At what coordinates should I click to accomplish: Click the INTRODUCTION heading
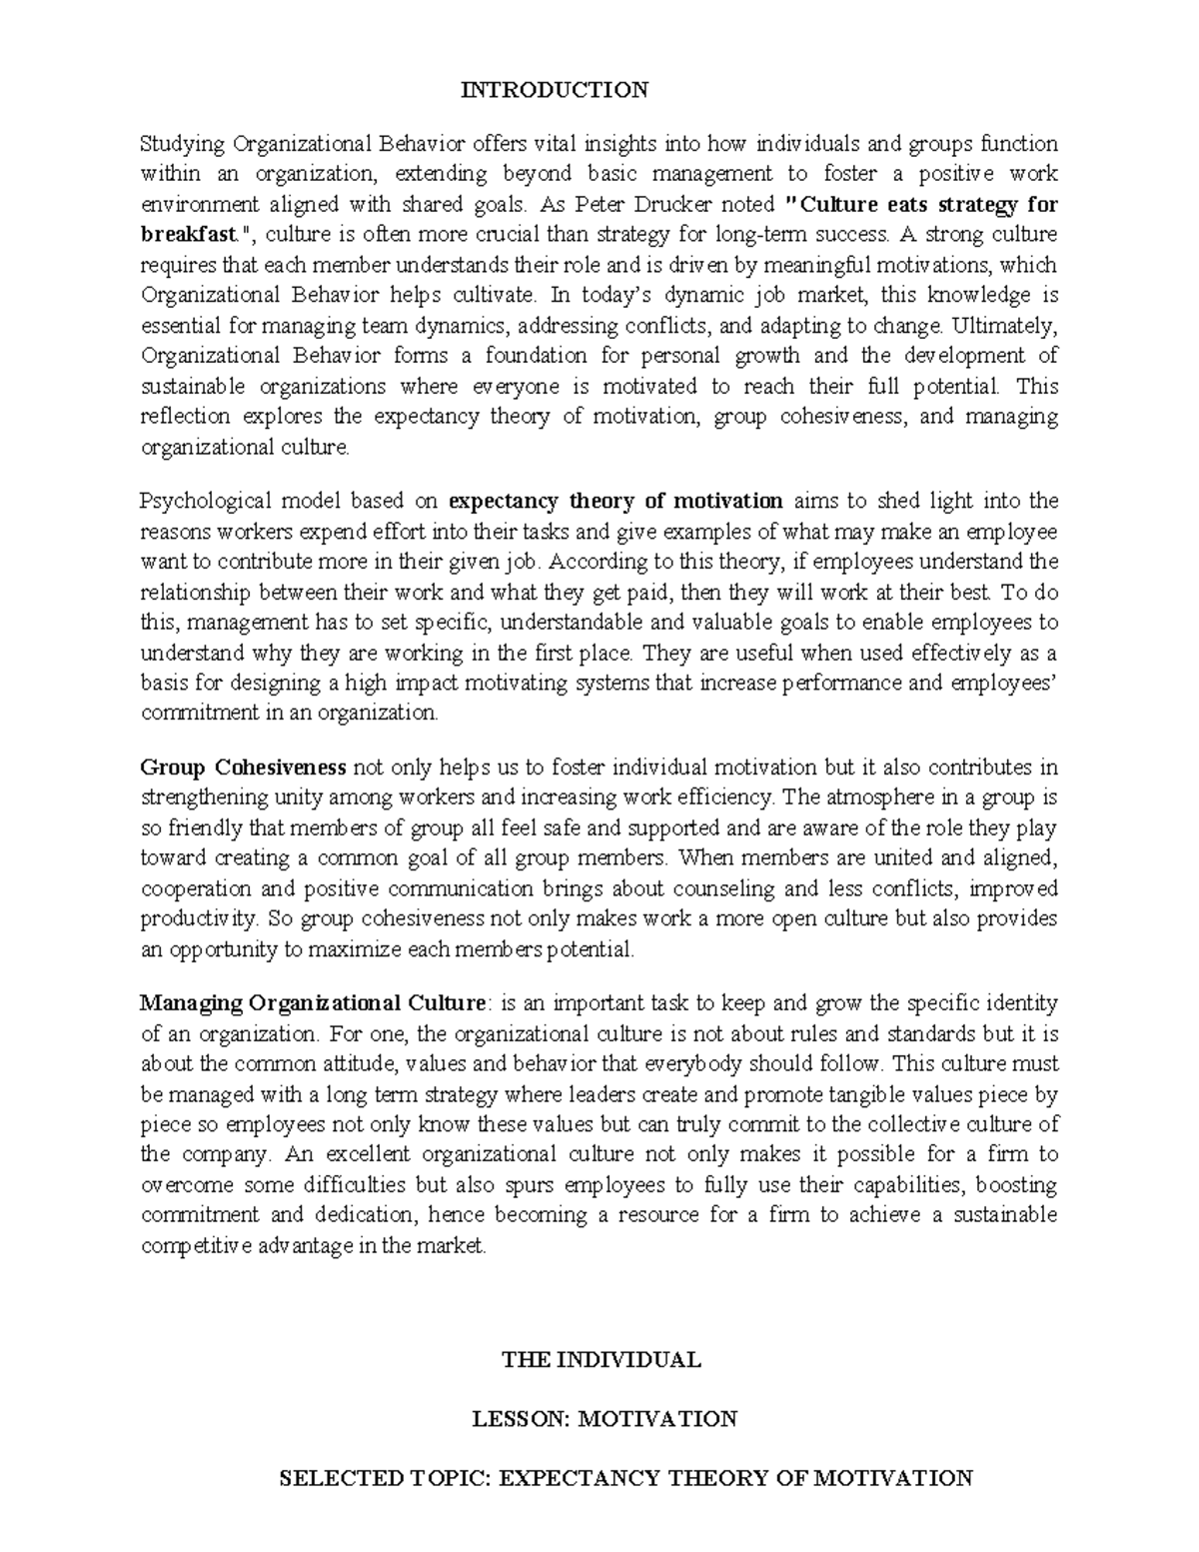[x=554, y=90]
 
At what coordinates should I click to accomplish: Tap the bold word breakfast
[x=190, y=235]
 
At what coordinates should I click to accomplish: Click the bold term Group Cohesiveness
[x=243, y=768]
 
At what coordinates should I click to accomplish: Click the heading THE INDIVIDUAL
[x=600, y=1359]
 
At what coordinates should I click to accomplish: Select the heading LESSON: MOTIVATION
[x=604, y=1418]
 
